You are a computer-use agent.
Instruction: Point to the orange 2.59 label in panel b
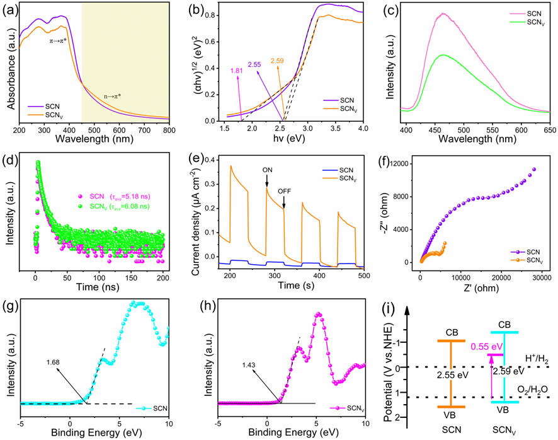coord(278,61)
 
